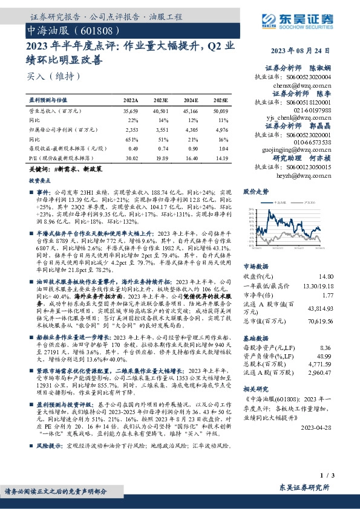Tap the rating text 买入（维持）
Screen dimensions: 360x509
coord(45,76)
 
